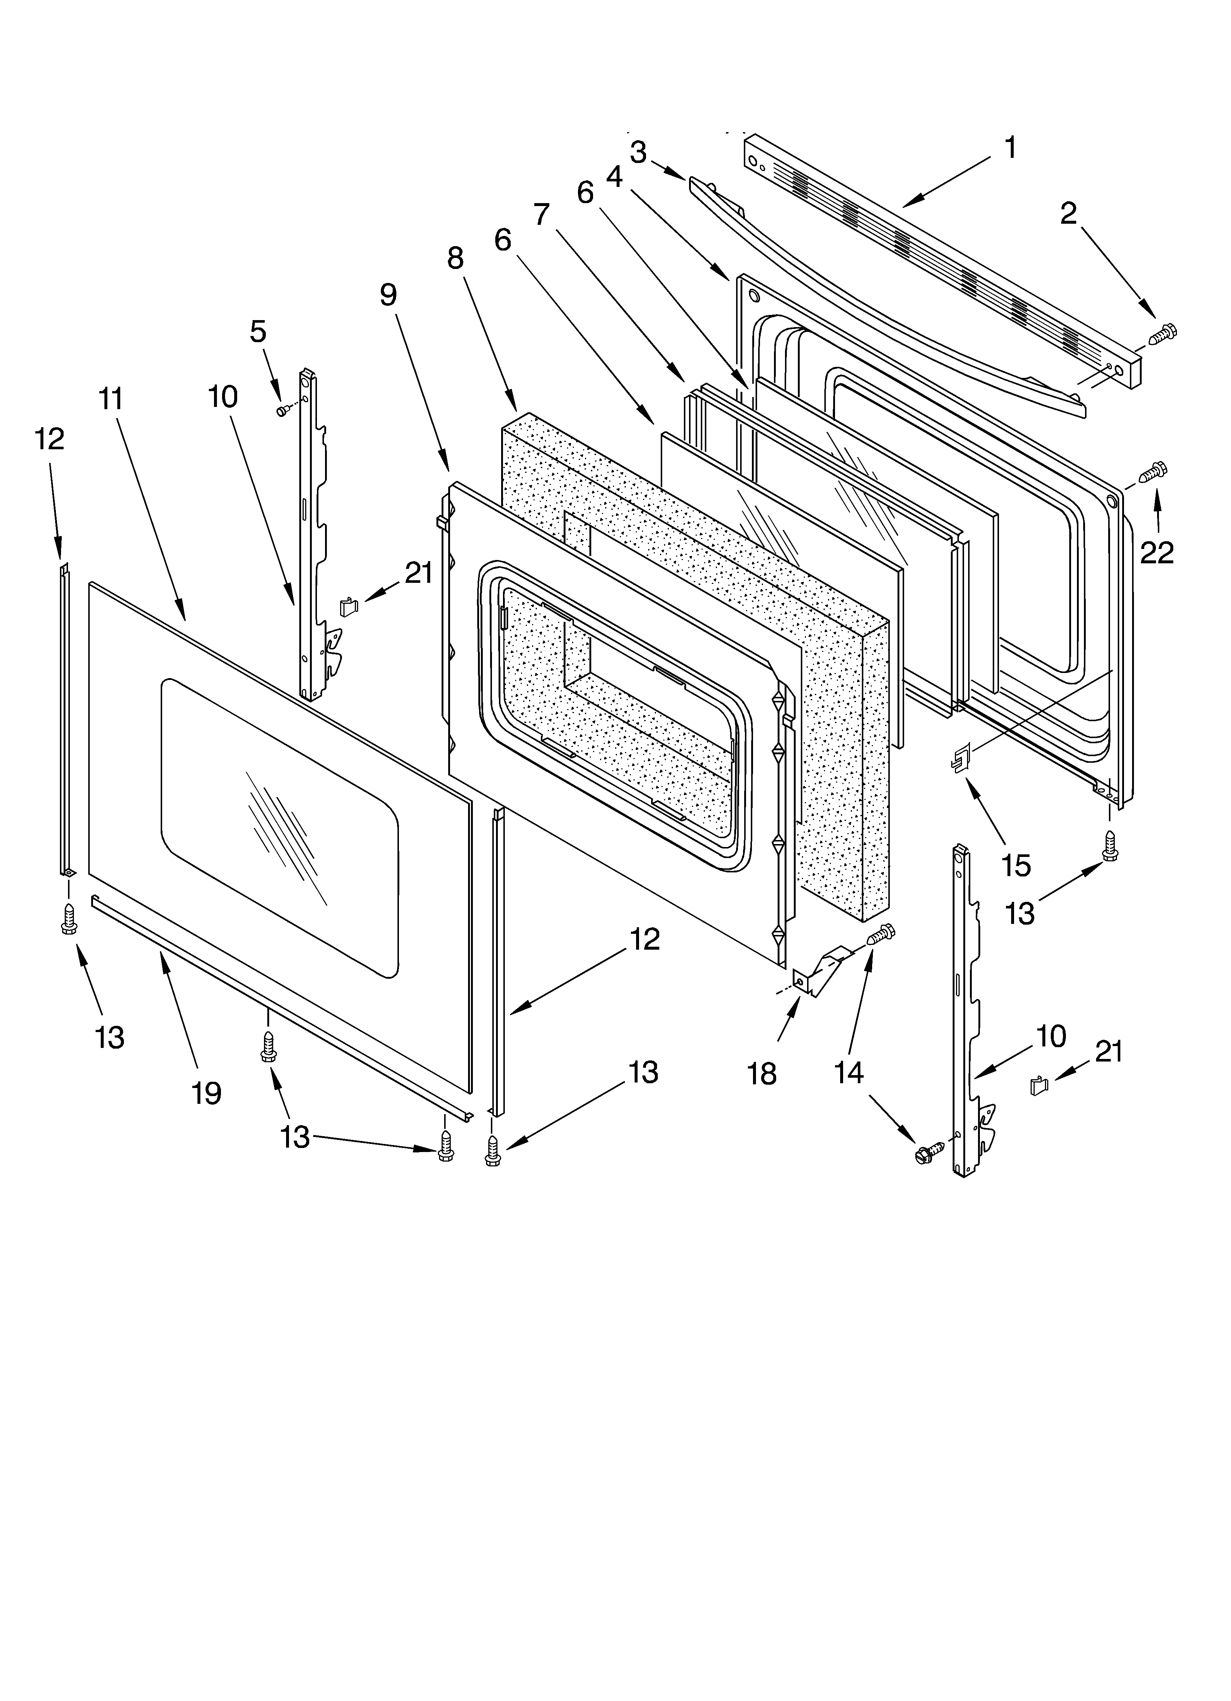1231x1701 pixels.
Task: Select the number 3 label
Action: [638, 153]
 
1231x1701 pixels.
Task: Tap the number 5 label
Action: [258, 331]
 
